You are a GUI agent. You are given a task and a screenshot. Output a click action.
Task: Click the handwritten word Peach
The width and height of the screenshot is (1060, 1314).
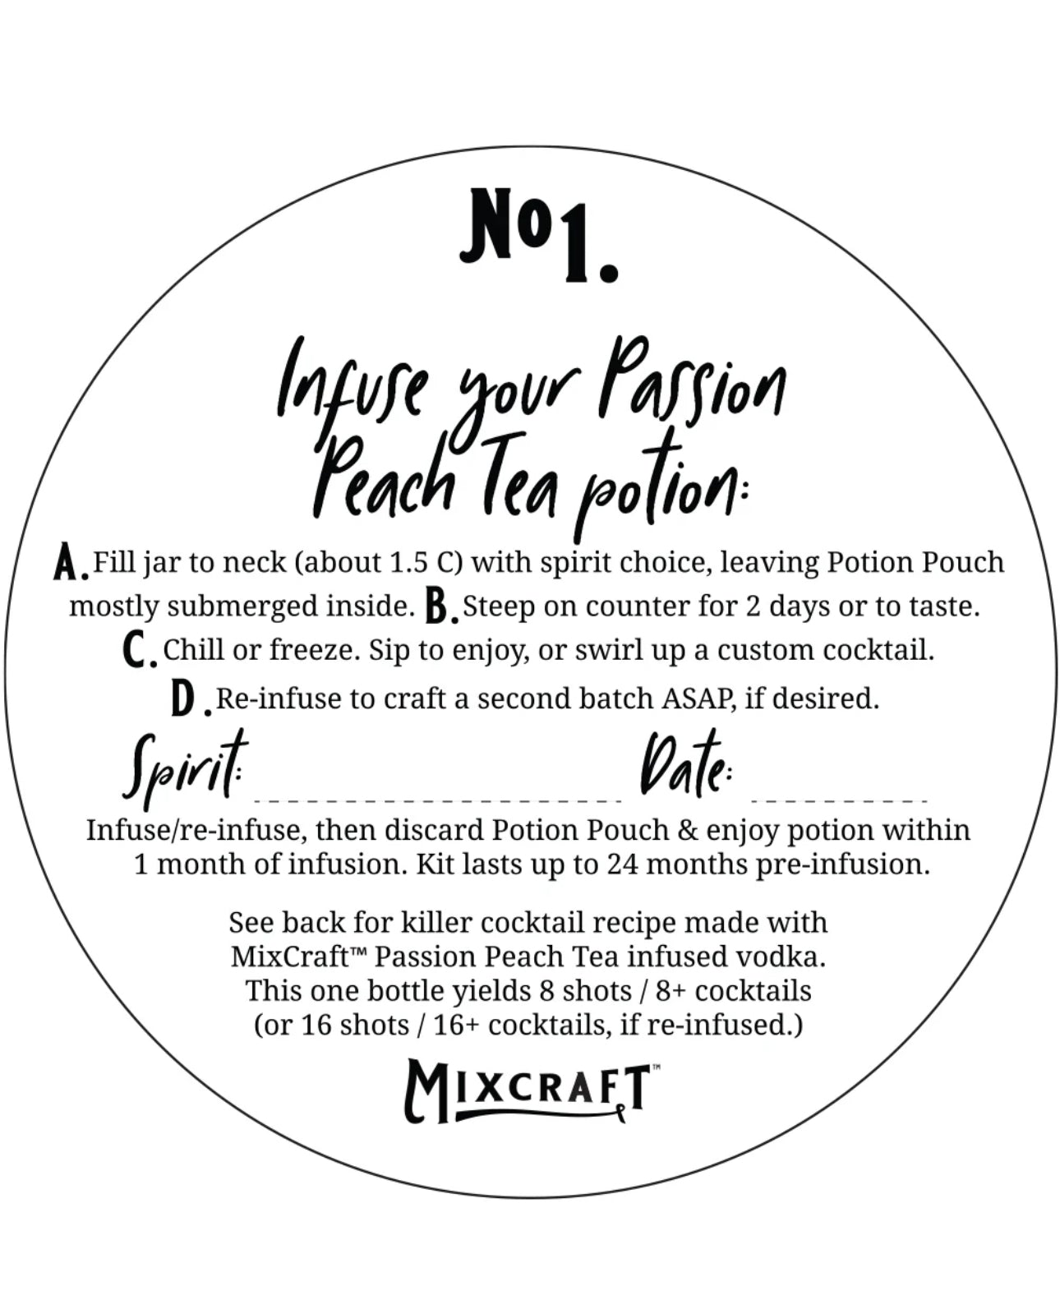tap(383, 474)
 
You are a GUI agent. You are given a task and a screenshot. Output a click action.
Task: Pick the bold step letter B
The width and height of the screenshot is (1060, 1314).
tap(440, 608)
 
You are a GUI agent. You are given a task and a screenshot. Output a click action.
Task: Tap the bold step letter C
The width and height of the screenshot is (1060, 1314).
tap(136, 652)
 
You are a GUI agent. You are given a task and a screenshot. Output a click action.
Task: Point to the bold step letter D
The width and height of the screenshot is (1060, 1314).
tap(187, 700)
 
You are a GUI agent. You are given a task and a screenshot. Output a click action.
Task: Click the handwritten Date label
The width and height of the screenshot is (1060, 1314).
tap(684, 766)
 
